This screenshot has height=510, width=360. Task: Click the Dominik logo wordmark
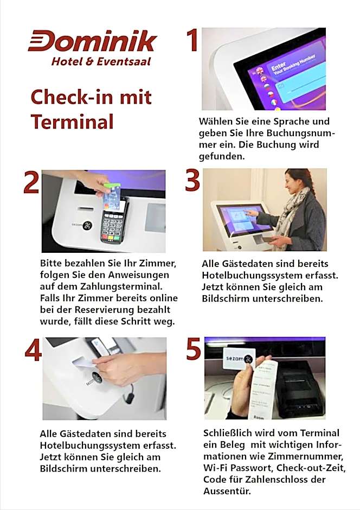[93, 41]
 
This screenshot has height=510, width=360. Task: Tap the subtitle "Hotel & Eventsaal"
[101, 61]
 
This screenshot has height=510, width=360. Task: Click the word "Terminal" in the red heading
[72, 122]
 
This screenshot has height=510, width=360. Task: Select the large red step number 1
[192, 40]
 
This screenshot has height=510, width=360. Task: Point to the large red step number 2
[31, 182]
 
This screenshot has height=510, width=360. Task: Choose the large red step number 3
[192, 180]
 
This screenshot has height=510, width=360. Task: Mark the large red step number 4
[33, 350]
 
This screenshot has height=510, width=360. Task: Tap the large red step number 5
[194, 348]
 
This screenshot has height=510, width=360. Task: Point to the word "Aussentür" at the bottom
[226, 491]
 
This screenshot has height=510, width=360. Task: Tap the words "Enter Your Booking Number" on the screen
[292, 65]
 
